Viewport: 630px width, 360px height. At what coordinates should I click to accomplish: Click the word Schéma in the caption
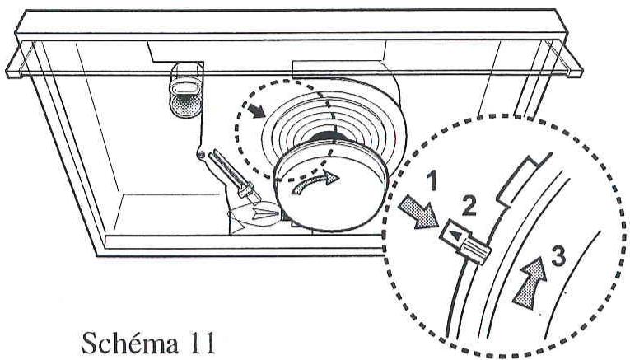[x=130, y=343]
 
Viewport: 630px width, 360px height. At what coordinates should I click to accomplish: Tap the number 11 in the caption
[x=200, y=343]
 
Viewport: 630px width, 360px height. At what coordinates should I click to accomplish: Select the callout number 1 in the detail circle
[x=432, y=180]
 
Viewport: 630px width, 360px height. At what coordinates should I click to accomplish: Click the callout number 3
[x=558, y=256]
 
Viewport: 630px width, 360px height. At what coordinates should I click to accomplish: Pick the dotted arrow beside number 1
[x=418, y=212]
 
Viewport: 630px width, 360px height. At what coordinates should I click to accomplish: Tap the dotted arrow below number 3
[x=530, y=283]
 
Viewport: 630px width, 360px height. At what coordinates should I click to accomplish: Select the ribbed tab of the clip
[x=477, y=250]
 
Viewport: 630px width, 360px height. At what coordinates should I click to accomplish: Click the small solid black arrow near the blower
[x=257, y=110]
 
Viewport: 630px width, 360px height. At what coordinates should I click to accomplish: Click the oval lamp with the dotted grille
[x=185, y=91]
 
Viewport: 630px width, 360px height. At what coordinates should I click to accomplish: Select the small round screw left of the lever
[x=202, y=154]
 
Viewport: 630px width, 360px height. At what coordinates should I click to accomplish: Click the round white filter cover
[x=330, y=187]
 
